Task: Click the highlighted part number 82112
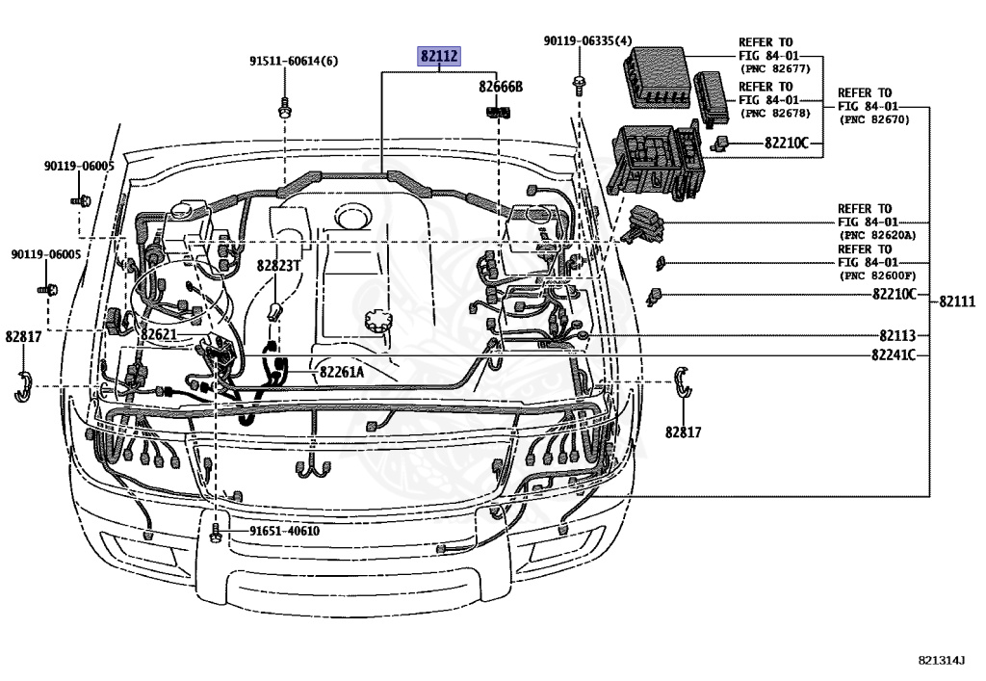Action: pyautogui.click(x=439, y=56)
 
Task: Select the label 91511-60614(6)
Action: pyautogui.click(x=294, y=61)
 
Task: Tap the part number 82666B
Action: pyautogui.click(x=501, y=87)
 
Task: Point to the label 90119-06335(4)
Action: pyautogui.click(x=587, y=41)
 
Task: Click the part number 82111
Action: pyautogui.click(x=957, y=301)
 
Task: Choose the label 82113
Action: pyautogui.click(x=897, y=335)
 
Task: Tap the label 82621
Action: pyautogui.click(x=159, y=334)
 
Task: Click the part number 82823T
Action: pyautogui.click(x=278, y=265)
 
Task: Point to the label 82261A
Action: pyautogui.click(x=342, y=372)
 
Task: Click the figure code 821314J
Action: pyautogui.click(x=941, y=661)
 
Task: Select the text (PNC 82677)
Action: pyautogui.click(x=774, y=69)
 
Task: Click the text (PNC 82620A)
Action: pyautogui.click(x=877, y=235)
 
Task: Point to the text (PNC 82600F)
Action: pyautogui.click(x=877, y=275)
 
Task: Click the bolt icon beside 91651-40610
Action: pyautogui.click(x=216, y=530)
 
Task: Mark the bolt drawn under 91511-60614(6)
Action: pyautogui.click(x=285, y=106)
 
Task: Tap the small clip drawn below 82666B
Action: pyautogui.click(x=497, y=111)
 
